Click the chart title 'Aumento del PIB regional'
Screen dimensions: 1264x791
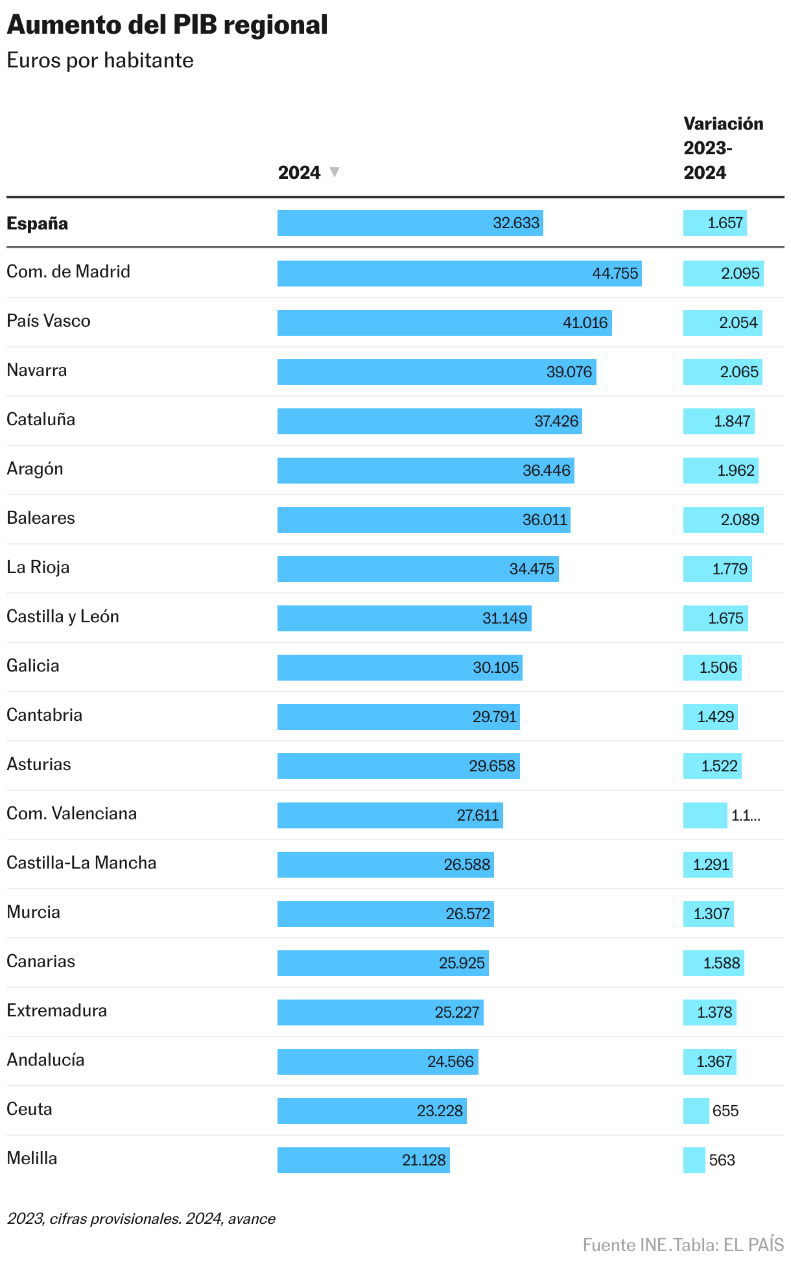(x=167, y=25)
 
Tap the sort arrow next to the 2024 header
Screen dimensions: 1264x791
(x=335, y=172)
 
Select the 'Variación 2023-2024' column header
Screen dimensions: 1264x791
(x=723, y=148)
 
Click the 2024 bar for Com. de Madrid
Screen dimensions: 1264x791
(x=459, y=274)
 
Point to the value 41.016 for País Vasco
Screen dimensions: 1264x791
(x=585, y=323)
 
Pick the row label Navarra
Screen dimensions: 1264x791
(x=37, y=370)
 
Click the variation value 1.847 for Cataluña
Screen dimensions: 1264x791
(x=732, y=421)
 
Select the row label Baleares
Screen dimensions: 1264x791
(x=41, y=518)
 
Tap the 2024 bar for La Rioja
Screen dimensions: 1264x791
(x=418, y=569)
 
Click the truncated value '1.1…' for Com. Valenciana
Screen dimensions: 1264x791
(x=745, y=815)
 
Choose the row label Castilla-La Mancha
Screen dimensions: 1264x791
(x=82, y=863)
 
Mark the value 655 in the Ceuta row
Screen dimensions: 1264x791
(x=726, y=1111)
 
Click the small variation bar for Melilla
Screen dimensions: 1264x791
(x=694, y=1160)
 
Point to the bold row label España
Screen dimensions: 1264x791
(x=38, y=224)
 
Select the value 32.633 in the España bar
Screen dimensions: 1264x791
(x=516, y=223)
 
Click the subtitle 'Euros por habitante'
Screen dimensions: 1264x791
(x=100, y=60)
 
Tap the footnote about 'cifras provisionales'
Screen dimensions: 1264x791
(x=141, y=1219)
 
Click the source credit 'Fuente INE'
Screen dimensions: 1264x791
(x=624, y=1245)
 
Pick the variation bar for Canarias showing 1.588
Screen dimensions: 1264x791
(x=713, y=963)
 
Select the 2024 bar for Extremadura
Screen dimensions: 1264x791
(x=380, y=1012)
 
